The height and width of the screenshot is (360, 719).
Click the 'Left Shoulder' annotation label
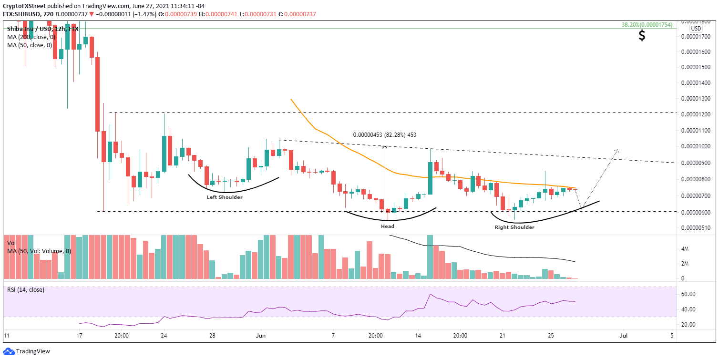tap(224, 197)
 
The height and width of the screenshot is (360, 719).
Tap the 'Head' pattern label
tap(387, 226)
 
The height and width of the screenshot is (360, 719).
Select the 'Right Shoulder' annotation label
tap(514, 227)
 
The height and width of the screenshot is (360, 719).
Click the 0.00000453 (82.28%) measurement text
tap(384, 135)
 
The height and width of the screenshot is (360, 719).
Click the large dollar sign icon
tap(642, 36)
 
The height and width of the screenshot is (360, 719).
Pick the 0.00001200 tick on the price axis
tap(699, 114)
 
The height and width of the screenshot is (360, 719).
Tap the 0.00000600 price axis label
tap(699, 212)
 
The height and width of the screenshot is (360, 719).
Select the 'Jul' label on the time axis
tap(623, 335)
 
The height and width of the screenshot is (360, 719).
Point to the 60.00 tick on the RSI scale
tap(687, 294)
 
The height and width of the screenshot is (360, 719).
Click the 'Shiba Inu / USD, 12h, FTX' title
tap(43, 28)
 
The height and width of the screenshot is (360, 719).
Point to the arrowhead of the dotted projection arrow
tap(618, 150)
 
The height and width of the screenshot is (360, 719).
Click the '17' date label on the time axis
tap(80, 335)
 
